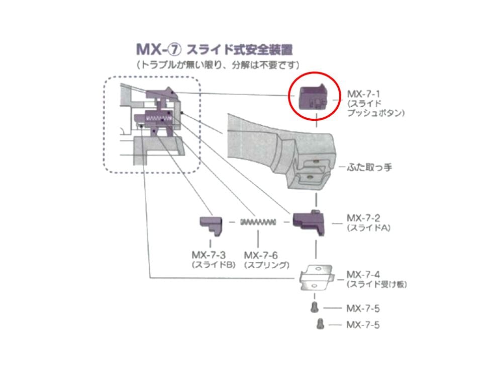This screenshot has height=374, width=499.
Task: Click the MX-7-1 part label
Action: (363, 94)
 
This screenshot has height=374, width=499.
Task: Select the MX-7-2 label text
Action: (363, 218)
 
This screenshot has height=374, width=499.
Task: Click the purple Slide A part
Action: (309, 221)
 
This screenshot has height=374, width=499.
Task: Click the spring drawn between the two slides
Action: (258, 222)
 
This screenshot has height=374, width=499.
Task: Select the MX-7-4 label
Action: (363, 275)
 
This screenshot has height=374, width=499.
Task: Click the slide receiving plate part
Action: (316, 277)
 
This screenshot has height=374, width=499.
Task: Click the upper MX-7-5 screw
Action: (314, 307)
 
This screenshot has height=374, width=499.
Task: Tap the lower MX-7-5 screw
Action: (320, 325)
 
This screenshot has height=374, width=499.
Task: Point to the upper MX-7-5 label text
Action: (363, 308)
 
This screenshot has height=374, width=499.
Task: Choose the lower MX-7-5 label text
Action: (363, 325)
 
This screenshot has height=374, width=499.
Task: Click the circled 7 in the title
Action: (174, 50)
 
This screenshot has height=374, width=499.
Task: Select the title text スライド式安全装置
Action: (240, 50)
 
